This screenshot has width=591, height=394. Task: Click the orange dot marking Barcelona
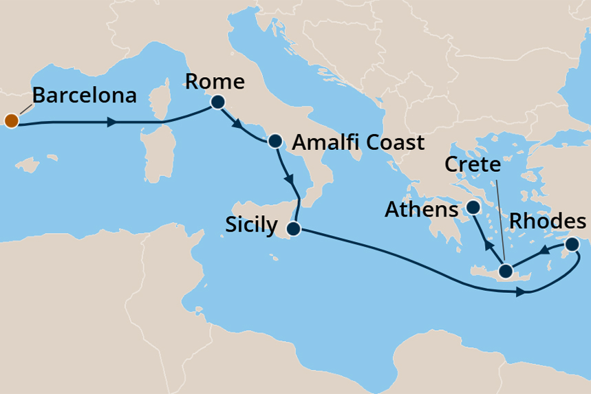coord(10,122)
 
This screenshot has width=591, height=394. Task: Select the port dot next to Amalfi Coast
coord(275,141)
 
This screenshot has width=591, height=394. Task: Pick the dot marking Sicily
coord(294,228)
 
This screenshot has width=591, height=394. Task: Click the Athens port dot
coord(473,207)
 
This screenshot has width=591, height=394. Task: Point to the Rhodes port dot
coord(572,244)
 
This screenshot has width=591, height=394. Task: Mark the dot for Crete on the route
coord(506,270)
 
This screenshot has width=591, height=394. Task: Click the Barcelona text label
coord(84,95)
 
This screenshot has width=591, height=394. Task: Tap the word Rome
coord(215,83)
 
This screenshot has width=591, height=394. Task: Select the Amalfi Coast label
coord(358,143)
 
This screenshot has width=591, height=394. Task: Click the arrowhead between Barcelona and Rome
coord(110,122)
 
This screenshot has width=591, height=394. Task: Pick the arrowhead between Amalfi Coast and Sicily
coord(290,181)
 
